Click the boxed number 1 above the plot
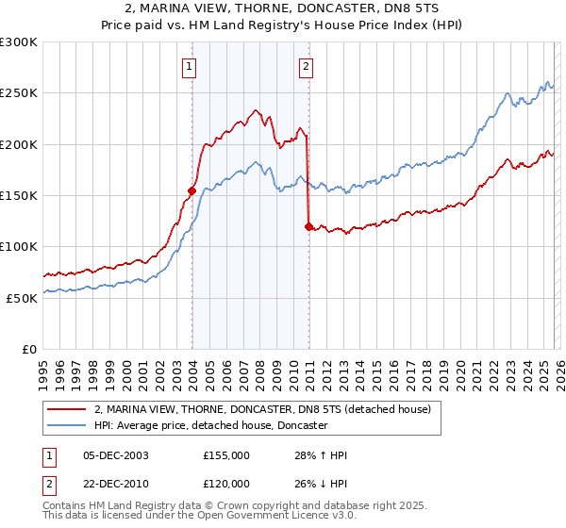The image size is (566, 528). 191,66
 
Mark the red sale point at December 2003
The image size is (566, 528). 191,190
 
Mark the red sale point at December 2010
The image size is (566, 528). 309,226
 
